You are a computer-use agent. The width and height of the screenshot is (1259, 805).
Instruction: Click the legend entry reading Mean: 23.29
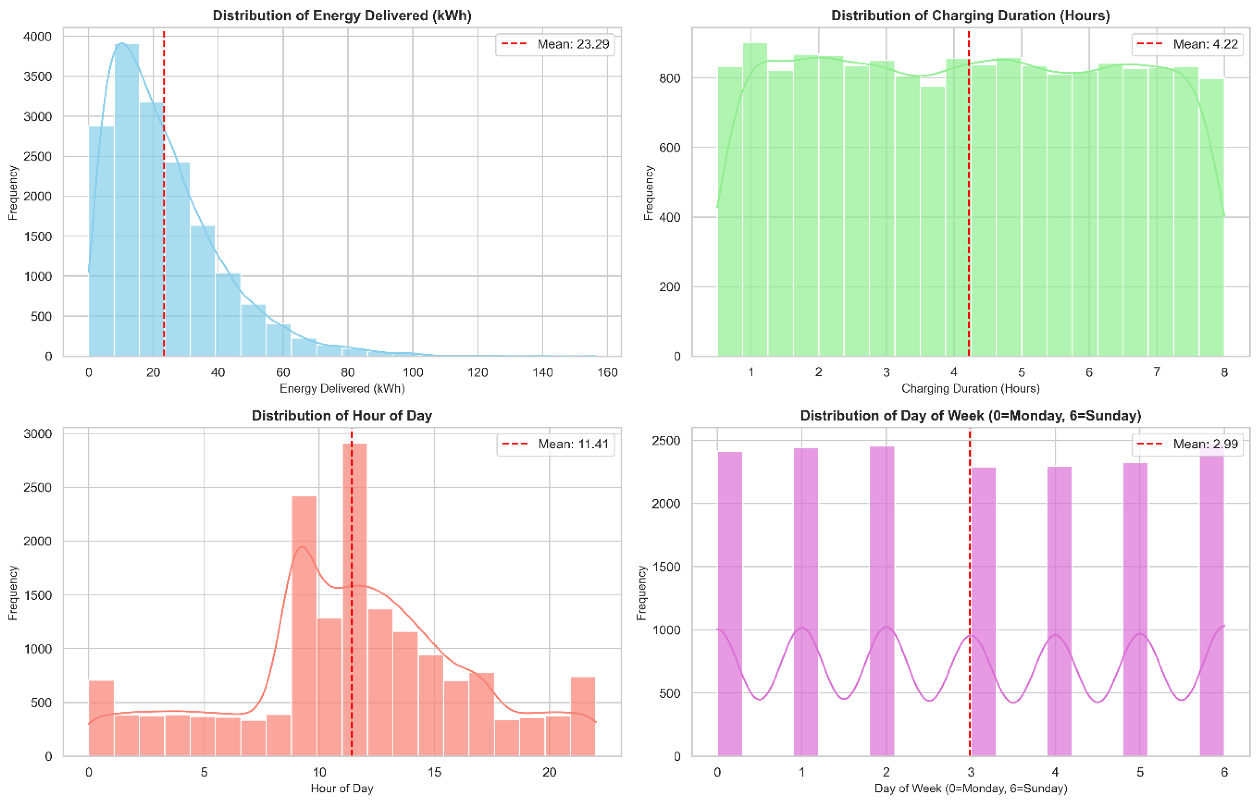[x=555, y=44]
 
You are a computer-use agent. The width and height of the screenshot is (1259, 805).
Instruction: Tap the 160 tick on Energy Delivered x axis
[x=607, y=372]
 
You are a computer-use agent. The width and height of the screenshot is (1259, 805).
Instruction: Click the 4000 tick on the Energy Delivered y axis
[x=38, y=37]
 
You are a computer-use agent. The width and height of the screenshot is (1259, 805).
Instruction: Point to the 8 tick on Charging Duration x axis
[x=1224, y=372]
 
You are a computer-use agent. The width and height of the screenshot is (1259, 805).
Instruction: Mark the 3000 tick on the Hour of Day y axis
[x=38, y=434]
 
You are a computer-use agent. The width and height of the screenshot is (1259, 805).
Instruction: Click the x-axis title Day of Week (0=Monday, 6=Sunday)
[x=970, y=788]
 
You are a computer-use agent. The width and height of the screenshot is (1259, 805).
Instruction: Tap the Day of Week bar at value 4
[x=1059, y=611]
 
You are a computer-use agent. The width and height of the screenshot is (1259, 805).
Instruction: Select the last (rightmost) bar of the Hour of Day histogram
[x=583, y=716]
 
